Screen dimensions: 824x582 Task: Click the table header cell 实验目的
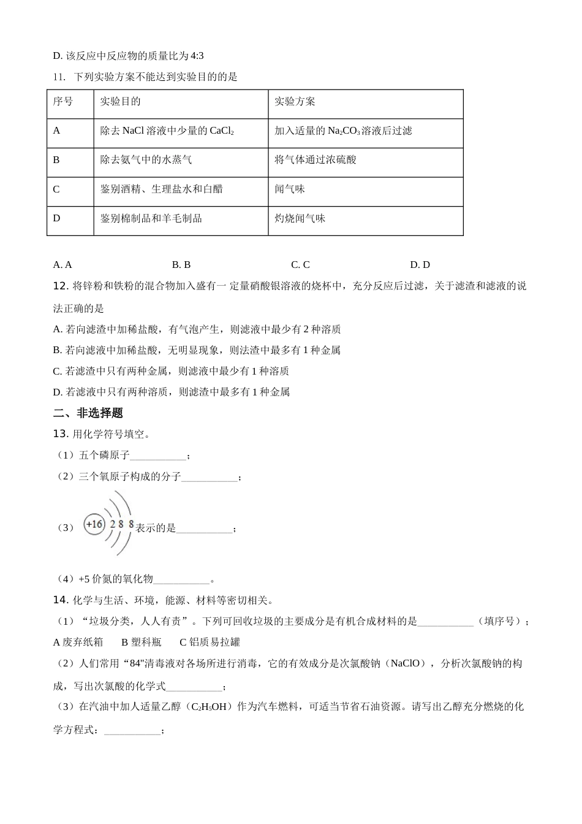pos(121,102)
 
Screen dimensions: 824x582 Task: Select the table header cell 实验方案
pos(295,102)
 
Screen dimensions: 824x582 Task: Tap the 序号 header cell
pos(63,102)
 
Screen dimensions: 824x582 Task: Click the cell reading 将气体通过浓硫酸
pos(316,160)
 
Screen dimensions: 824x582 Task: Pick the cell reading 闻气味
pos(290,189)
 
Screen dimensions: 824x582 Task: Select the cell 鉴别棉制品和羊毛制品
pos(151,218)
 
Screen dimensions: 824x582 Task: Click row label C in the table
pos(56,189)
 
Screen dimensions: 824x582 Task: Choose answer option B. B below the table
pos(181,265)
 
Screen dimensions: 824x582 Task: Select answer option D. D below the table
pos(420,265)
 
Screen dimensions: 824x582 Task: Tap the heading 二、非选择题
pos(88,413)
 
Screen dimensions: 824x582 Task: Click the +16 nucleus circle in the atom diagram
pos(94,525)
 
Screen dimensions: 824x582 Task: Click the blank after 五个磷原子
pos(157,456)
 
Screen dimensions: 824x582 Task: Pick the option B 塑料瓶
pos(142,642)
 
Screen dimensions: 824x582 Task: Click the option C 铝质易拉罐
pos(210,642)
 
